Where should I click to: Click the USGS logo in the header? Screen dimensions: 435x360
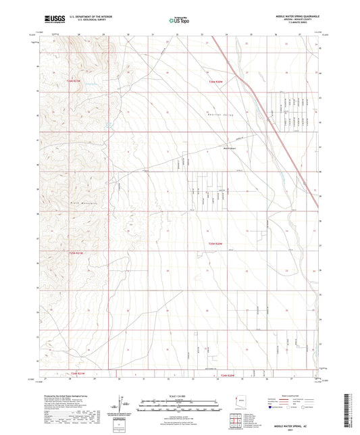pyautogui.click(x=53, y=20)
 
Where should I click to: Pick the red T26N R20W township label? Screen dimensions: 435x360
pyautogui.click(x=215, y=81)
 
